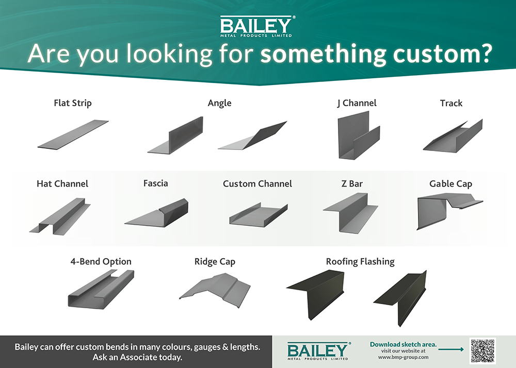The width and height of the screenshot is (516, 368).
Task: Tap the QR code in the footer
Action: (482, 351)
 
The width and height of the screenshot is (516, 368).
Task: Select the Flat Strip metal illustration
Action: (73, 135)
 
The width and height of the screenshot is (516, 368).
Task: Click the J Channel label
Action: (357, 103)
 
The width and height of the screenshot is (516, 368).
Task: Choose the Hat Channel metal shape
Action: (60, 216)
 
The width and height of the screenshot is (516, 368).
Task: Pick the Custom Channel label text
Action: (257, 183)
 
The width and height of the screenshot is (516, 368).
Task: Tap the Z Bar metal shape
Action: (351, 213)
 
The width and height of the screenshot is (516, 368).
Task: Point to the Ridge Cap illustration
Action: (215, 290)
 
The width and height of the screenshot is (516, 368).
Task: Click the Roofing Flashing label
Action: (360, 261)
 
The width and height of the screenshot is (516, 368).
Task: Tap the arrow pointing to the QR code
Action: (451, 349)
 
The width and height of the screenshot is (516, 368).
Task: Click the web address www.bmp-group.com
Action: (403, 357)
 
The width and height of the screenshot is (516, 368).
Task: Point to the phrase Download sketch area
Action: (403, 344)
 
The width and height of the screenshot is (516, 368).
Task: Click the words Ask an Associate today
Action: (138, 357)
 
